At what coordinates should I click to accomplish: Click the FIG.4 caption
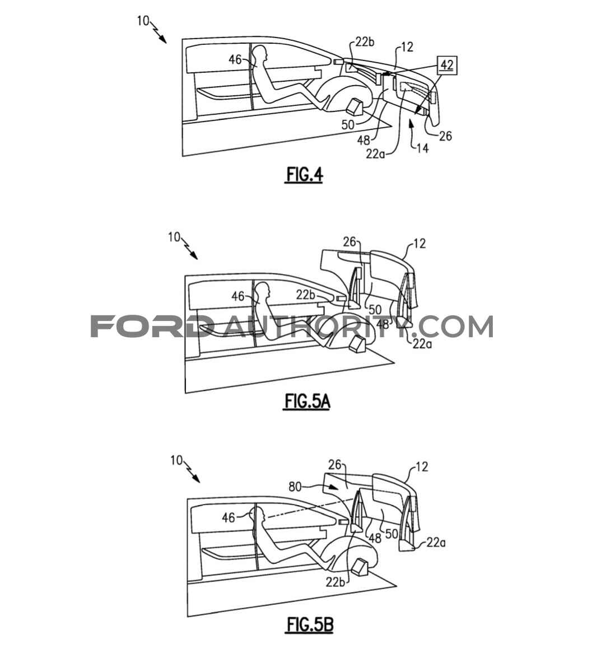[x=305, y=175]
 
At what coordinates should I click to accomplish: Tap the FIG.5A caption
[x=307, y=401]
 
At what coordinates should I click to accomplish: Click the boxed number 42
[x=447, y=66]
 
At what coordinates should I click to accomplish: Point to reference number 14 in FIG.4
[x=422, y=148]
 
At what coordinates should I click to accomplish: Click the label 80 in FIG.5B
[x=295, y=487]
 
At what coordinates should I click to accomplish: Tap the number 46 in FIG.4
[x=235, y=59]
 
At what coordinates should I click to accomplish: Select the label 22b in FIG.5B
[x=335, y=581]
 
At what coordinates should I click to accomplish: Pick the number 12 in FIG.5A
[x=419, y=244]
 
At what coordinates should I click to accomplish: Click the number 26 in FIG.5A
[x=350, y=241]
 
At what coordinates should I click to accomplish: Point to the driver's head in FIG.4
[x=261, y=53]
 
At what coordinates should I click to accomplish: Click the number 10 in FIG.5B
[x=176, y=460]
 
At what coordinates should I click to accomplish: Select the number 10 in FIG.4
[x=143, y=21]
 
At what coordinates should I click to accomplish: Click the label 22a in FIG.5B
[x=436, y=542]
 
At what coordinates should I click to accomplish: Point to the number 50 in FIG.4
[x=348, y=124]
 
